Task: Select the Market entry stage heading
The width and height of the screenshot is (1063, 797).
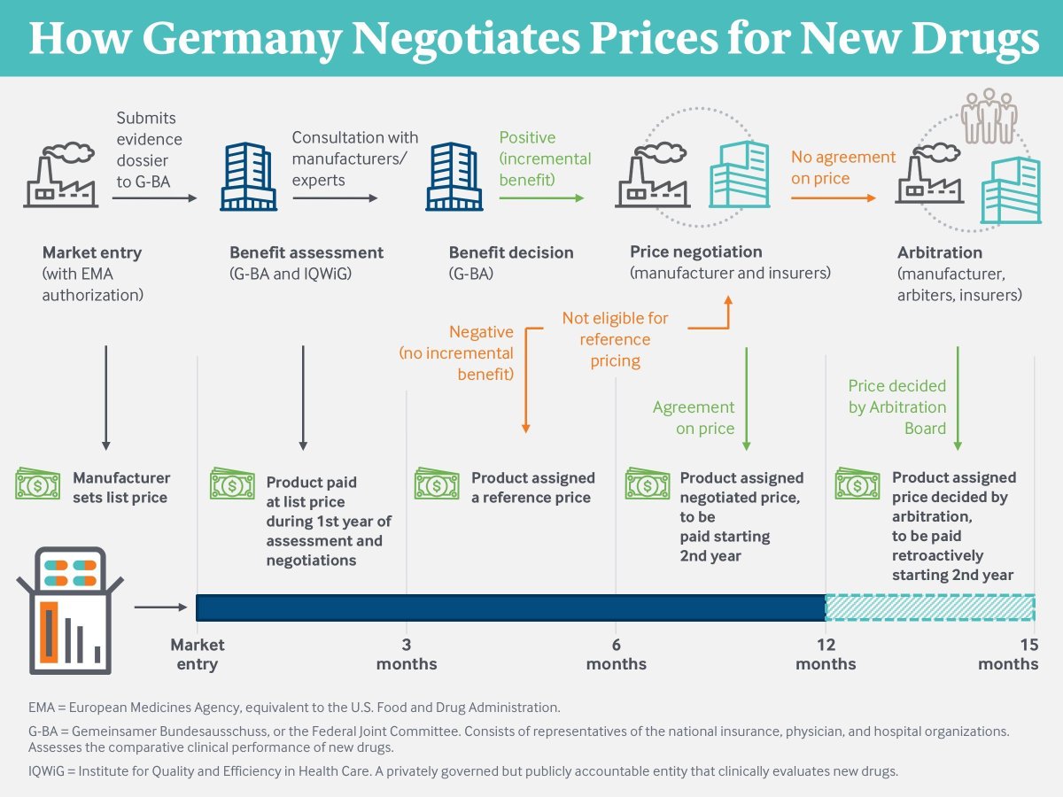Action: click(x=92, y=252)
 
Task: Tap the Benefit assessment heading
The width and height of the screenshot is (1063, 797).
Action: click(x=306, y=252)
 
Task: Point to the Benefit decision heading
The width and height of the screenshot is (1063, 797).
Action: click(x=511, y=252)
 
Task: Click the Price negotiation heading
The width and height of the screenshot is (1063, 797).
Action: click(x=695, y=251)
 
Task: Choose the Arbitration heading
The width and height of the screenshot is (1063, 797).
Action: click(x=940, y=252)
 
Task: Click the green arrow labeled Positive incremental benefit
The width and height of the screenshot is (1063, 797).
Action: click(x=541, y=198)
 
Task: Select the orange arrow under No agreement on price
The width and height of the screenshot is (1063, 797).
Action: click(x=833, y=198)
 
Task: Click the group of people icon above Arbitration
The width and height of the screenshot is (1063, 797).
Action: click(x=989, y=115)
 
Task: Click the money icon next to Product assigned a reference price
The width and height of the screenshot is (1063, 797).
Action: click(x=437, y=484)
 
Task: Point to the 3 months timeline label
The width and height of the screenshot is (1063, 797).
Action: click(x=407, y=654)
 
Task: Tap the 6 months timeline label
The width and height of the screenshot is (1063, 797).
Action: click(x=616, y=654)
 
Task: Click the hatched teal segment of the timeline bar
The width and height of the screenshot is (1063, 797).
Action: click(x=930, y=607)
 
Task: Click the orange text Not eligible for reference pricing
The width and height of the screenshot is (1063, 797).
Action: click(x=615, y=339)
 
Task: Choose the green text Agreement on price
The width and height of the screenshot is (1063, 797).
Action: click(x=694, y=418)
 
